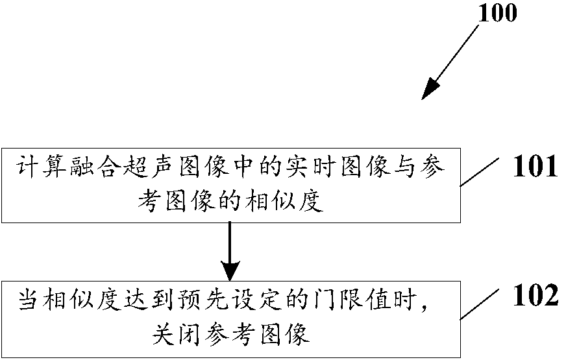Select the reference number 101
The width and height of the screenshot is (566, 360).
(x=535, y=167)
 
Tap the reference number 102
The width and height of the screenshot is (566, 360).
(x=535, y=296)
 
